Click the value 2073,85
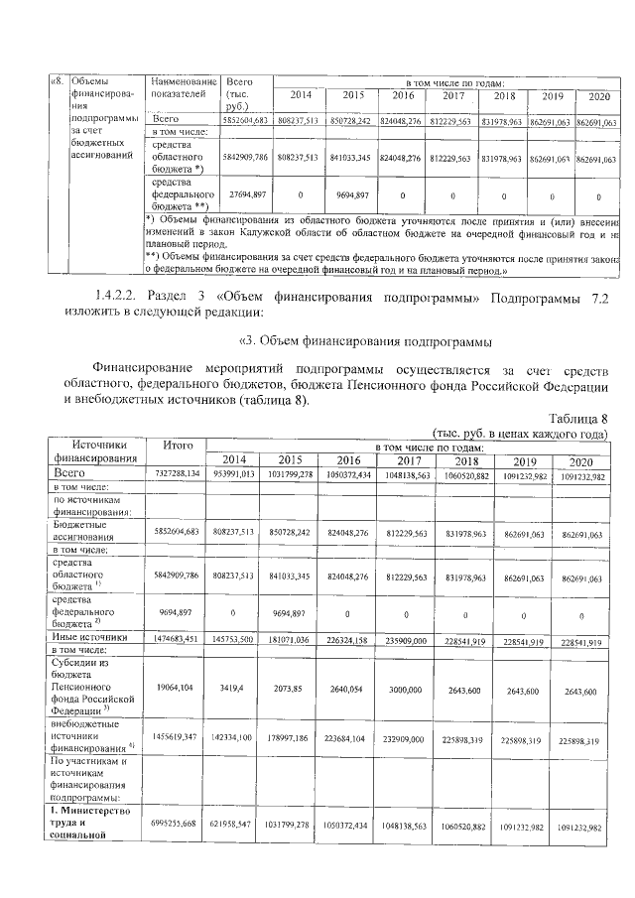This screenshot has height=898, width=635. click(x=290, y=691)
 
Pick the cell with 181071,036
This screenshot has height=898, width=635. click(x=290, y=641)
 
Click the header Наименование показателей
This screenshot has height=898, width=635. click(x=180, y=87)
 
